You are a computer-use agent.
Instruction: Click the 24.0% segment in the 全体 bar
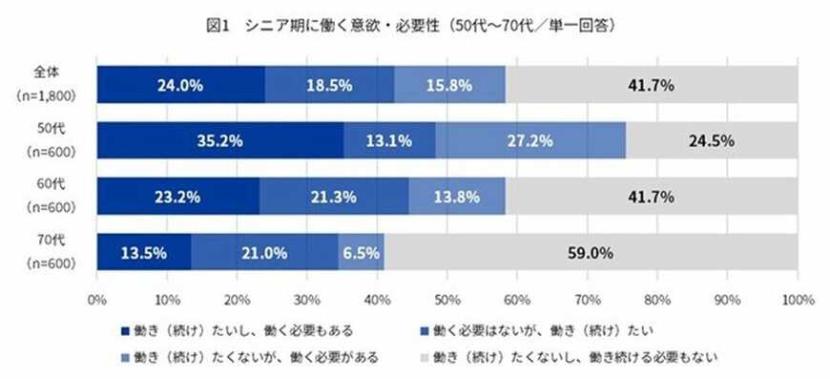181,85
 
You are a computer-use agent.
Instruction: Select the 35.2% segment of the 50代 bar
220,141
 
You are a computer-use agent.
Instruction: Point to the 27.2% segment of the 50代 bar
530,141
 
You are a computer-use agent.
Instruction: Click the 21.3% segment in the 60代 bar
334,198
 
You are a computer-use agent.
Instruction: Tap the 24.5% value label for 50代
711,141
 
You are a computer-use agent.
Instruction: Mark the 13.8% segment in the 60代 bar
457,198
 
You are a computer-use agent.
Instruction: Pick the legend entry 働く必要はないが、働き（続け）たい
524,330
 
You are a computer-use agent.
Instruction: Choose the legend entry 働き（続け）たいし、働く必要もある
243,330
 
